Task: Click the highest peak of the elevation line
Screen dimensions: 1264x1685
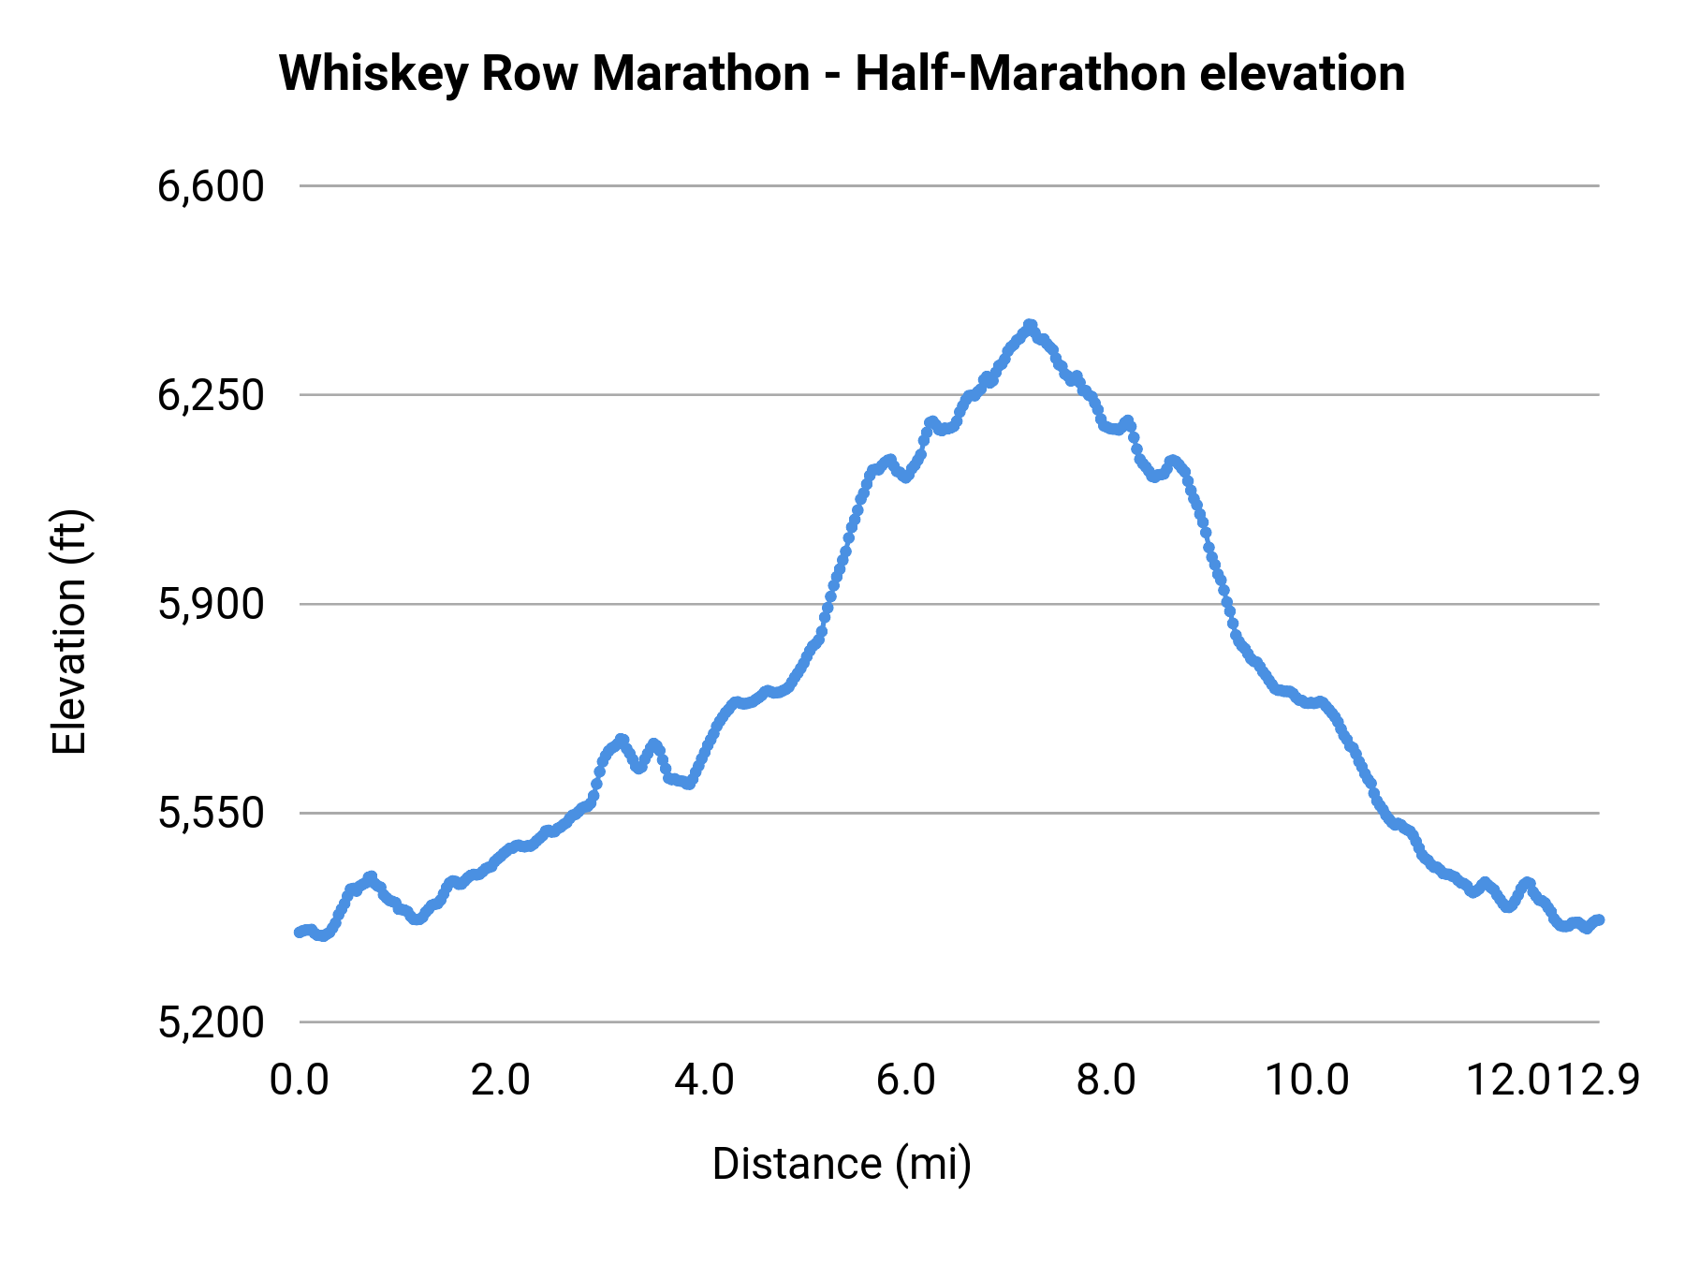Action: [1030, 325]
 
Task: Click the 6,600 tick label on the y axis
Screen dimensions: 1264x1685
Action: [211, 186]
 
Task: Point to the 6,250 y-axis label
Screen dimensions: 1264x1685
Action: [211, 396]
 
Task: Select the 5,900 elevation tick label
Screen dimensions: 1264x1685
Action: [211, 605]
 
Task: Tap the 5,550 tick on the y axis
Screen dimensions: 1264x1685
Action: [211, 814]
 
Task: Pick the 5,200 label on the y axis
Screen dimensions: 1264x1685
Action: [211, 1022]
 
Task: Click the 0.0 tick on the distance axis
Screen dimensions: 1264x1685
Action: [300, 1080]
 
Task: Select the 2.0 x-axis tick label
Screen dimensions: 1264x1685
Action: [501, 1080]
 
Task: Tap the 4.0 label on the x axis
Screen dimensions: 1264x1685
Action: [704, 1080]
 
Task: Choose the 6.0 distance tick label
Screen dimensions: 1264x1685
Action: [906, 1080]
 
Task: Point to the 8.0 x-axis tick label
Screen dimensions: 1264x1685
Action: [1106, 1080]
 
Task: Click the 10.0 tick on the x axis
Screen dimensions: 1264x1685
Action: [1308, 1080]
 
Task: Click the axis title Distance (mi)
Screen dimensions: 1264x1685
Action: [842, 1164]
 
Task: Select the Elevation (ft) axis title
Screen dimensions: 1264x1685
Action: [69, 632]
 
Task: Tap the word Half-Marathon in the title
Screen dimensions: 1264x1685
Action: [1021, 73]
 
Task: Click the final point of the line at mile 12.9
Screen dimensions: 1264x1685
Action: [1600, 920]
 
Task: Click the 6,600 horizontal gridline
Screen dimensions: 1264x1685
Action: [936, 185]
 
